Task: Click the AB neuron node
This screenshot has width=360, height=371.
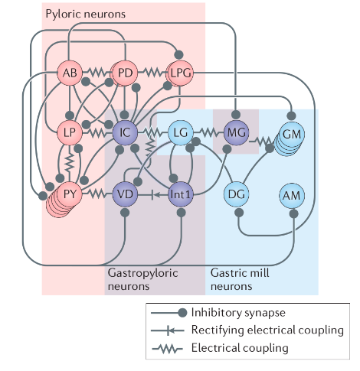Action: tap(70, 73)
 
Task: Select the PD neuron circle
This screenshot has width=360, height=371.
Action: tap(125, 73)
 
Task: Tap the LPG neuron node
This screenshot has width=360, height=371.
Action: tap(181, 73)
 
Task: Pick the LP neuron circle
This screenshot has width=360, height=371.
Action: tap(70, 132)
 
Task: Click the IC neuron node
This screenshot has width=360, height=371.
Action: tap(125, 132)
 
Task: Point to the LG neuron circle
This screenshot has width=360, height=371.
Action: tap(181, 132)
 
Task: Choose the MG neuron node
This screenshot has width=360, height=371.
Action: tap(236, 132)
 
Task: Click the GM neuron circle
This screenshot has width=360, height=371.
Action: tap(292, 134)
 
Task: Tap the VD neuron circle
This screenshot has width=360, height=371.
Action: tap(125, 194)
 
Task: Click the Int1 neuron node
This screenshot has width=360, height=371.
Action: tap(181, 194)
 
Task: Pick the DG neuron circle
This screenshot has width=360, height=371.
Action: tap(236, 194)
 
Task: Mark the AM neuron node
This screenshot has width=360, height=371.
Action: tap(292, 196)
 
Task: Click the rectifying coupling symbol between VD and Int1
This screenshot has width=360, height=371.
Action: tap(152, 195)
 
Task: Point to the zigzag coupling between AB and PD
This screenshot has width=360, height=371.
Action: tap(97, 73)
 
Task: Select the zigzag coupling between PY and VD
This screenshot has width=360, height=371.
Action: tap(97, 194)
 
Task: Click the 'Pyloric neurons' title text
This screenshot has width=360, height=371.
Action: tap(86, 14)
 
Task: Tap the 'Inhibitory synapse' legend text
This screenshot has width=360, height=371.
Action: tap(238, 313)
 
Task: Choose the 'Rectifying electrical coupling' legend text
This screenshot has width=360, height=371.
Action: tap(267, 330)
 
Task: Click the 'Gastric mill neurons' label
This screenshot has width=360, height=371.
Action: tap(240, 279)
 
